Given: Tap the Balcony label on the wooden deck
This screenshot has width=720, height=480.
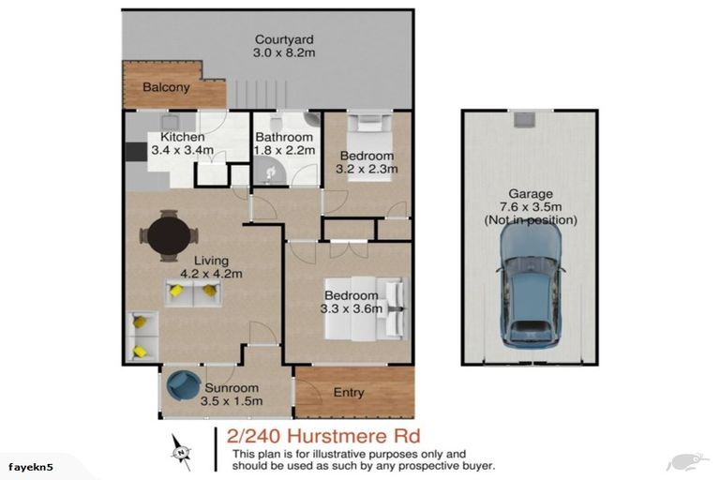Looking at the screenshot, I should tap(166, 87).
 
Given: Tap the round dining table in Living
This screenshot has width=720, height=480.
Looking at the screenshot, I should tap(169, 233).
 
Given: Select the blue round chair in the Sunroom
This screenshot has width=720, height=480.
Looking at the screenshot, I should tap(181, 385).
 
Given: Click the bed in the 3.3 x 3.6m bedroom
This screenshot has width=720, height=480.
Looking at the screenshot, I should tap(365, 308).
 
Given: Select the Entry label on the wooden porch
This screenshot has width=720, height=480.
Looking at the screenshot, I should tap(349, 393).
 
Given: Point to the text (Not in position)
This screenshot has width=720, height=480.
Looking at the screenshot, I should tap(531, 220).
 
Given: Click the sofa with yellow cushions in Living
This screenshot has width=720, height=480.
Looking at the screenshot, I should tap(193, 292).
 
